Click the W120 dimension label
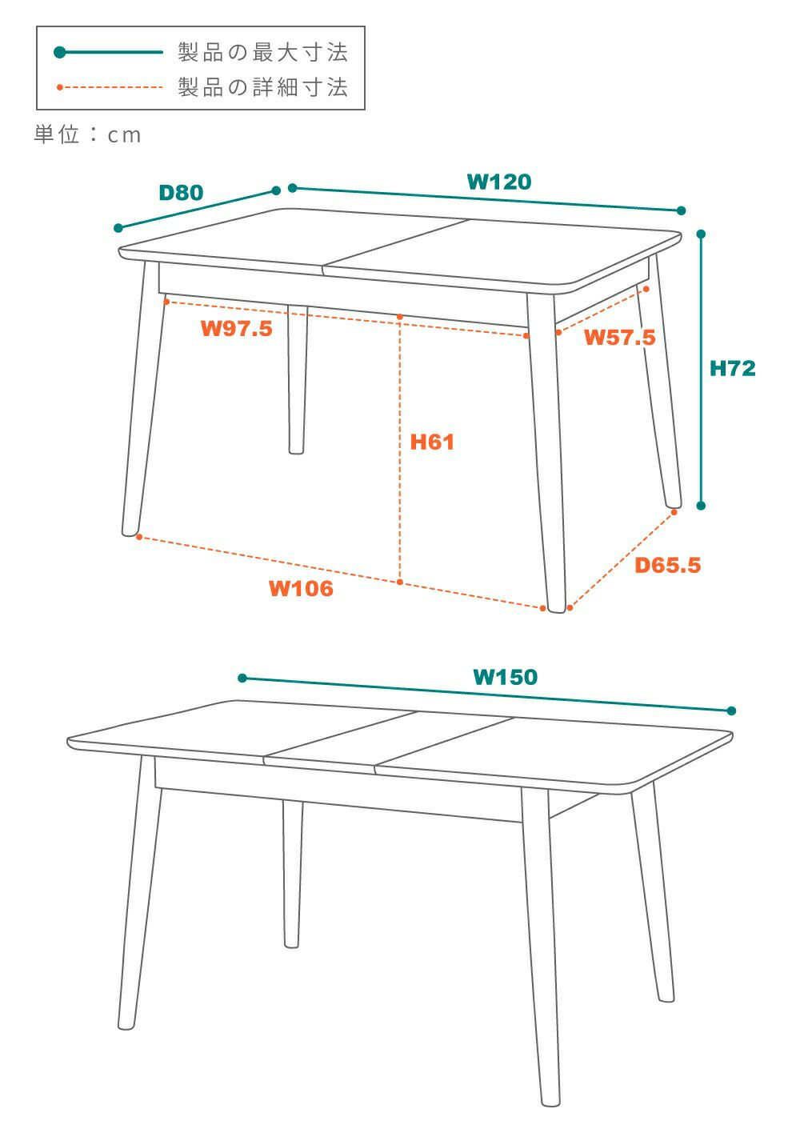[498, 182]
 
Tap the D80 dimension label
[181, 192]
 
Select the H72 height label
[732, 369]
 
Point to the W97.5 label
[237, 328]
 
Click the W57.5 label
[619, 337]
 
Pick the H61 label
[431, 442]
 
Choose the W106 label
[301, 588]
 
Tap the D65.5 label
[667, 565]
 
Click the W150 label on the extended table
[505, 677]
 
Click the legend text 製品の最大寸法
[262, 52]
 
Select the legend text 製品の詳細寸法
[262, 86]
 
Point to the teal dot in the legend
[59, 52]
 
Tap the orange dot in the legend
[59, 87]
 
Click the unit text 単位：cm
[87, 134]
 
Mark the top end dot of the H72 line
[701, 234]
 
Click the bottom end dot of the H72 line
[701, 506]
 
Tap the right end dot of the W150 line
[731, 711]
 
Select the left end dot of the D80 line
[118, 228]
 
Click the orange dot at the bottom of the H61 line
[400, 582]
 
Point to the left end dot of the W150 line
[242, 679]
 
